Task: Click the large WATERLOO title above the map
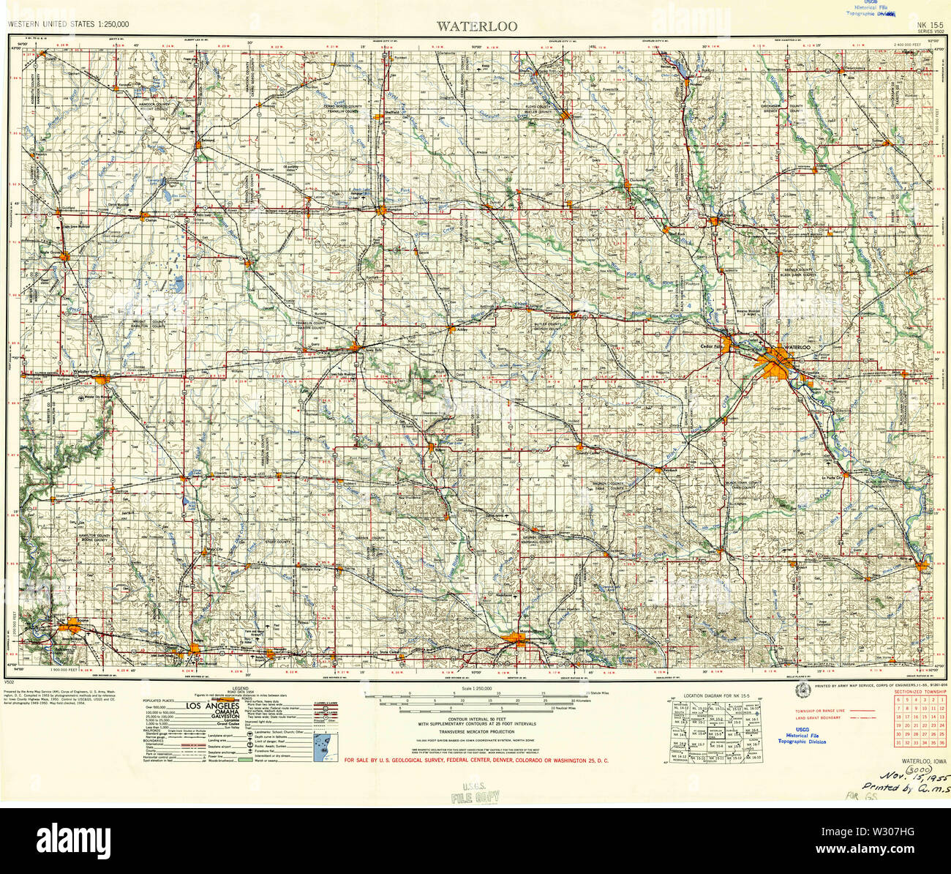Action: (477, 26)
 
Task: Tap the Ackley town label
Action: (462, 330)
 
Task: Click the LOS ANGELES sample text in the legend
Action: (212, 706)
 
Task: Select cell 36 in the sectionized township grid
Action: (941, 743)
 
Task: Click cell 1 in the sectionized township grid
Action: (941, 700)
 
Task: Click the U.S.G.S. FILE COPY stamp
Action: (475, 795)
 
